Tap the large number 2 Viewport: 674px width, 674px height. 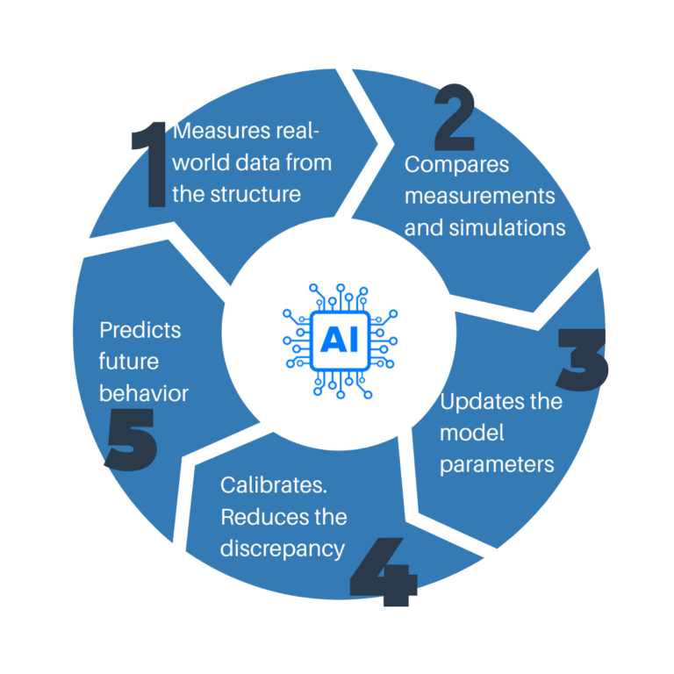(455, 117)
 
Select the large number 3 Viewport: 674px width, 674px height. (583, 360)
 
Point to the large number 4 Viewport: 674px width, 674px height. (384, 571)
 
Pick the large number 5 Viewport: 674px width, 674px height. (131, 440)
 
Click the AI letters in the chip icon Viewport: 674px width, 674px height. (340, 339)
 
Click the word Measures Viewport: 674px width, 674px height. (222, 131)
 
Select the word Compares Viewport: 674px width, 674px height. (456, 165)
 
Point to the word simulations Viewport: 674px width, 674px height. (507, 227)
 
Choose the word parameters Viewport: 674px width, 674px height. (497, 465)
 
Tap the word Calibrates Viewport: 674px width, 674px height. (274, 485)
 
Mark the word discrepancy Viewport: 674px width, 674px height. (283, 549)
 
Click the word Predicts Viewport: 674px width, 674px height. (140, 330)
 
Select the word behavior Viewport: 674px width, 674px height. (144, 393)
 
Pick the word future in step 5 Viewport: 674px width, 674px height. (129, 362)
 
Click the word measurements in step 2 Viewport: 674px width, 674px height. (480, 197)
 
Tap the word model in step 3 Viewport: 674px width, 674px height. (472, 433)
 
